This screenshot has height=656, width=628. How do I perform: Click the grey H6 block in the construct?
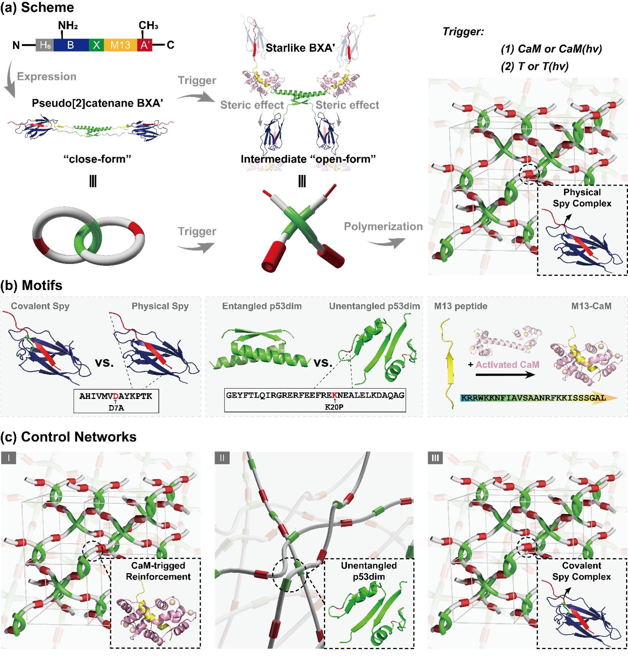pyautogui.click(x=45, y=45)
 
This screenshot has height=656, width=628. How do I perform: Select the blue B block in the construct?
pyautogui.click(x=71, y=45)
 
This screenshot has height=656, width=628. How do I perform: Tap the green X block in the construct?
pyautogui.click(x=96, y=45)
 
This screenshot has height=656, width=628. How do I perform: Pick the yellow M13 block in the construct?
pyautogui.click(x=120, y=45)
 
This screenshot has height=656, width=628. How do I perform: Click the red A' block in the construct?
pyautogui.click(x=145, y=45)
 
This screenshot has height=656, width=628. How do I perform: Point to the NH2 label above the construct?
pyautogui.click(x=68, y=26)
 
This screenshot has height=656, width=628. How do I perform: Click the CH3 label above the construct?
pyautogui.click(x=148, y=26)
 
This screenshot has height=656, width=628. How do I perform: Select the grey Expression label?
pyautogui.click(x=46, y=76)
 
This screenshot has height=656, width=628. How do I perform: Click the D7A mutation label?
pyautogui.click(x=116, y=408)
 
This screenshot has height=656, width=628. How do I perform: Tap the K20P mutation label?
pyautogui.click(x=334, y=407)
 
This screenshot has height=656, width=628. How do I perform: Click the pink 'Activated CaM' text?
pyautogui.click(x=507, y=364)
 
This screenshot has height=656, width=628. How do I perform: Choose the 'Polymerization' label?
pyautogui.click(x=383, y=227)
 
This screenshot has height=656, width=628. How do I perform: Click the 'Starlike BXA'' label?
pyautogui.click(x=300, y=48)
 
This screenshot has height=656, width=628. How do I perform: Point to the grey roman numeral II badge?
pyautogui.click(x=222, y=458)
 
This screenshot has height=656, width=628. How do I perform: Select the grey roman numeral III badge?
pyautogui.click(x=435, y=458)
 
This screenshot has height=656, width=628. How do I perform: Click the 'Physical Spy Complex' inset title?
pyautogui.click(x=582, y=198)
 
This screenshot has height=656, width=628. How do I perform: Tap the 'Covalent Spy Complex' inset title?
pyautogui.click(x=582, y=571)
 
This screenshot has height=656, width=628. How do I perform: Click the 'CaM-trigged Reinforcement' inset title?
pyautogui.click(x=158, y=571)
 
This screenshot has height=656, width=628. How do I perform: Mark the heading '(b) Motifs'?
pyautogui.click(x=31, y=285)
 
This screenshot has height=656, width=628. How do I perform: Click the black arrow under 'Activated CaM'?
pyautogui.click(x=505, y=374)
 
